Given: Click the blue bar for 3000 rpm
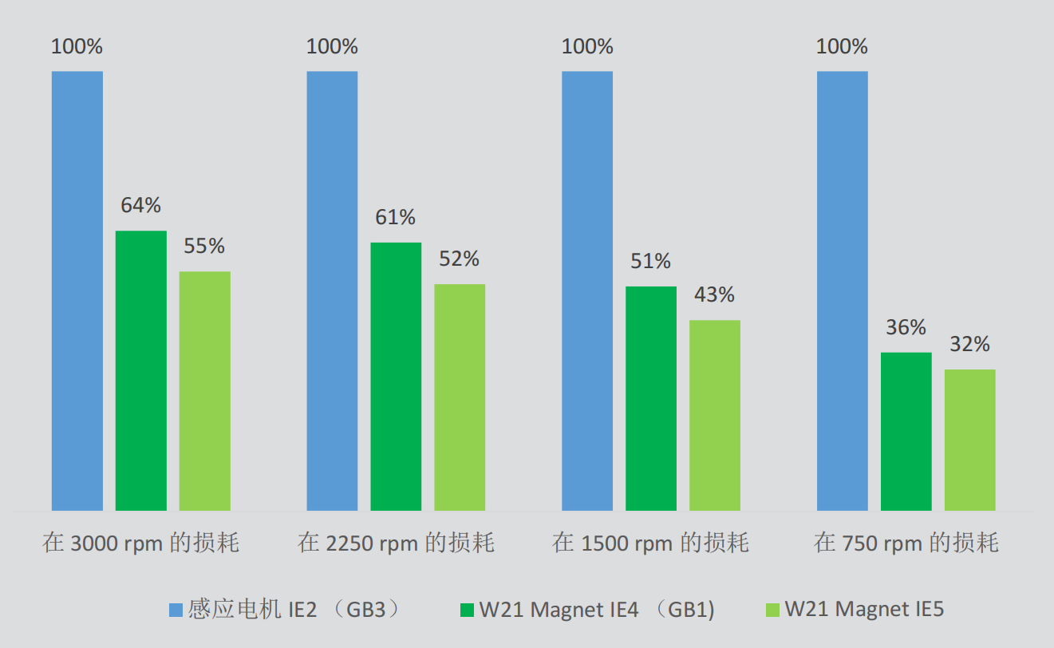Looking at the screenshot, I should tap(77, 291).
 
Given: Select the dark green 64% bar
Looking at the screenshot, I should tap(141, 370).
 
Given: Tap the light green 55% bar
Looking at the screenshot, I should tap(205, 391).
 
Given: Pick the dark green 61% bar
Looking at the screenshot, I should tap(396, 377).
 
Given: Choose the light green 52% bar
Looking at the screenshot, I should tap(460, 397).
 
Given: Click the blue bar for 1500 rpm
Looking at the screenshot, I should tap(587, 291).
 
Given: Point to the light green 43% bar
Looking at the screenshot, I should tap(715, 415).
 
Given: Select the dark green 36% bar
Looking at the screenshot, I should tap(906, 432).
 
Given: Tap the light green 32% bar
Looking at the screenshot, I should tap(970, 440).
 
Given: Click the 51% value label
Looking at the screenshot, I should tap(650, 262).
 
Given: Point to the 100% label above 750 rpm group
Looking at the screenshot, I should tap(842, 47).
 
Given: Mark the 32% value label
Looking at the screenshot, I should tap(969, 345).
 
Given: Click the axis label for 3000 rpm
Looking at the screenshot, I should tap(141, 544).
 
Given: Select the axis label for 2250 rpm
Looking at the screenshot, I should tap(397, 544).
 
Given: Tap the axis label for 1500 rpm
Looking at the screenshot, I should tap(651, 544).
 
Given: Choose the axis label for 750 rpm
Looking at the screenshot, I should tap(906, 544).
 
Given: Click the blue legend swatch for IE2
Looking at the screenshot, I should tap(176, 610).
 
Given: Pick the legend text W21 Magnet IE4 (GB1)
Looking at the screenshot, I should tap(597, 610).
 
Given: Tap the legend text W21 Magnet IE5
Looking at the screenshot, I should tap(864, 610).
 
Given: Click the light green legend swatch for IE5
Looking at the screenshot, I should tap(772, 610).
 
